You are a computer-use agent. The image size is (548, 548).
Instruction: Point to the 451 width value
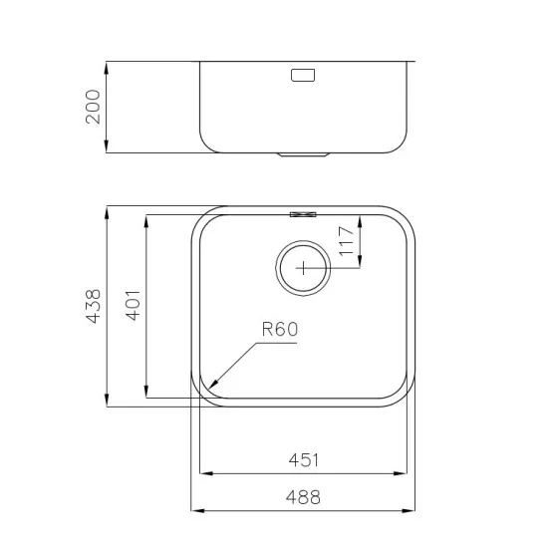305,460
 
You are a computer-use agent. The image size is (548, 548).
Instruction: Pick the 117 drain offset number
346,242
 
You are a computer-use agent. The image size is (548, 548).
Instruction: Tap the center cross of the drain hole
303,266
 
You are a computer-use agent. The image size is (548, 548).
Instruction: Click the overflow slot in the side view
302,75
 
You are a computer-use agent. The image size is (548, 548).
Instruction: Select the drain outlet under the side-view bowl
303,155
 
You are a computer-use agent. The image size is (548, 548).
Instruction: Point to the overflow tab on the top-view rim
303,212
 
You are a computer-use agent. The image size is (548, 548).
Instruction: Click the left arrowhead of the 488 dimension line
192,511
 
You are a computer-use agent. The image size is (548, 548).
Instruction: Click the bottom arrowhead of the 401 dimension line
146,397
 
